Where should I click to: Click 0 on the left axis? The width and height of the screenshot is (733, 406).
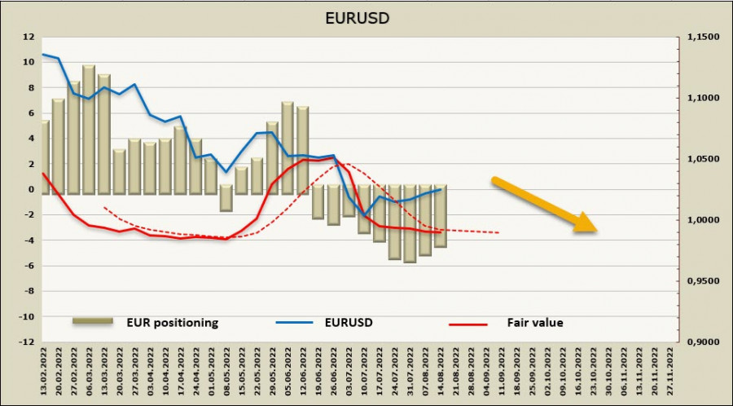click(31, 190)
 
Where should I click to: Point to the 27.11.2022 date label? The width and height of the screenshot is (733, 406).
click(670, 371)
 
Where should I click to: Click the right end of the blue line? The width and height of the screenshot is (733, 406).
click(441, 189)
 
